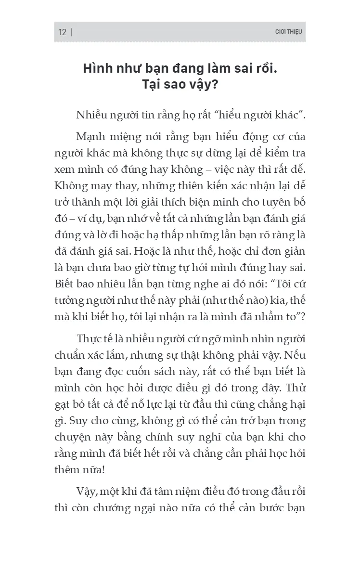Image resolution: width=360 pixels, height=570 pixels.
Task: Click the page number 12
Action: [x=62, y=32]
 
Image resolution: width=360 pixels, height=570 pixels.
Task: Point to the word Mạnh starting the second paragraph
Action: [x=91, y=137]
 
